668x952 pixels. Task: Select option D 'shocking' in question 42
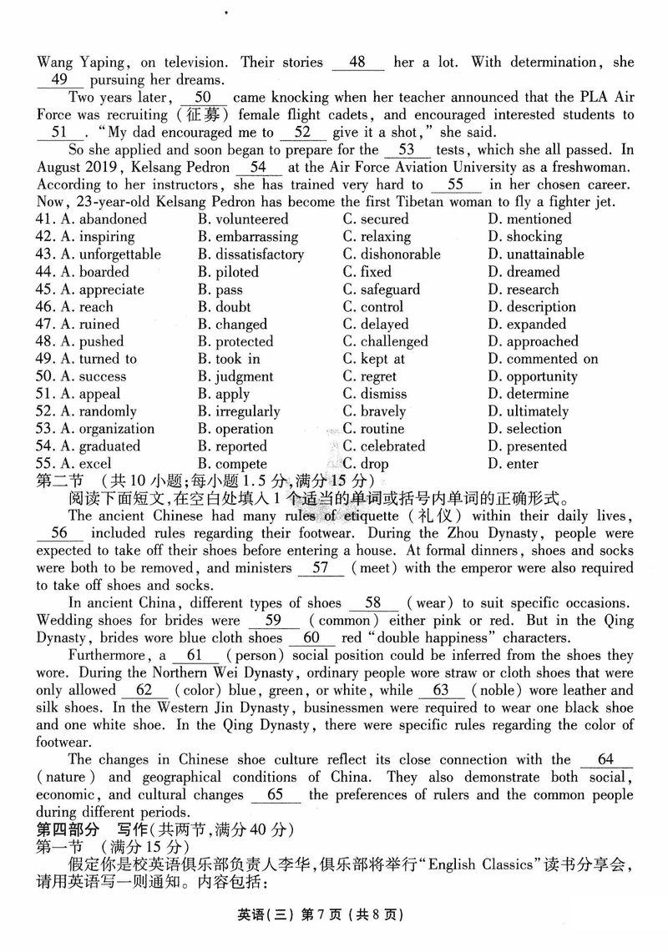click(534, 237)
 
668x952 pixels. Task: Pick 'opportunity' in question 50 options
click(542, 376)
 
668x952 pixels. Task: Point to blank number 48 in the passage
click(357, 63)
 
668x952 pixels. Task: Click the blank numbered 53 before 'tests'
click(407, 150)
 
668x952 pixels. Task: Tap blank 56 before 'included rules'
click(59, 533)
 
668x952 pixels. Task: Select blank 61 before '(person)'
click(197, 655)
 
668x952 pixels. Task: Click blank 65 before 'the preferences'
click(275, 794)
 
